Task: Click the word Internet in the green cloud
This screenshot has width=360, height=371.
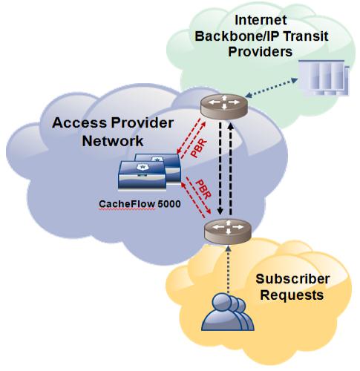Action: (x=261, y=20)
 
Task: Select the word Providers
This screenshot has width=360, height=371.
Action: (x=261, y=52)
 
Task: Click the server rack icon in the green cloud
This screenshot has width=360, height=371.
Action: (x=324, y=77)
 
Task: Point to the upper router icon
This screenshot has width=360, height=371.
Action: (x=224, y=106)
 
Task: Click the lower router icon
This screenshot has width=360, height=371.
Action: (x=228, y=232)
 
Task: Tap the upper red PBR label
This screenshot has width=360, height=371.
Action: (x=199, y=148)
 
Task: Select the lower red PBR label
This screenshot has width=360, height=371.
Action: (x=203, y=189)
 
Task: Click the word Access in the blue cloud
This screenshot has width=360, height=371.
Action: (x=79, y=122)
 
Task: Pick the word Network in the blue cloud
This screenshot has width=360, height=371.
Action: (x=113, y=141)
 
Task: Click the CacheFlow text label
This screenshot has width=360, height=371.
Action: (x=127, y=204)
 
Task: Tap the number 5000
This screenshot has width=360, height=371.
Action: (x=169, y=204)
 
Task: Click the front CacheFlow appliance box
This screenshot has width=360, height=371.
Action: (x=143, y=176)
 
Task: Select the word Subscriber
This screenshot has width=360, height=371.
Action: (x=292, y=279)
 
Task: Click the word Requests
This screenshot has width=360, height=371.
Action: (x=292, y=295)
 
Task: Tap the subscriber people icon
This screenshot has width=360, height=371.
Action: (x=228, y=312)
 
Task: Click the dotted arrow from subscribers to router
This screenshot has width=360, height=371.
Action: (x=229, y=269)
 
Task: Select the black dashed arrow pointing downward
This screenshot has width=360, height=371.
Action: (x=220, y=168)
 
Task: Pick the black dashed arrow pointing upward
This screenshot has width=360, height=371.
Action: (x=231, y=168)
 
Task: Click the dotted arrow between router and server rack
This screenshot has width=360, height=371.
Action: (x=271, y=88)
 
